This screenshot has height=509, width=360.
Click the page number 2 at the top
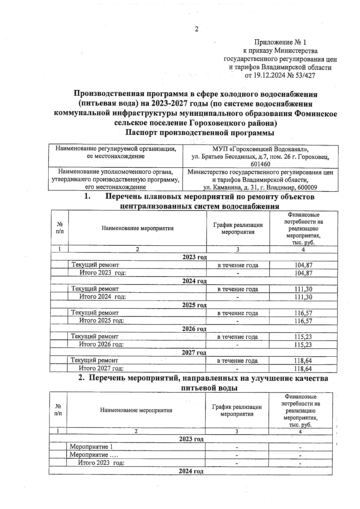point(197,29)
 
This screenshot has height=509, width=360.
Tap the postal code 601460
point(260,164)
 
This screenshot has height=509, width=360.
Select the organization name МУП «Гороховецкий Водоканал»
point(260,149)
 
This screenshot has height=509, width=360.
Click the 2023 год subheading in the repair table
point(194,257)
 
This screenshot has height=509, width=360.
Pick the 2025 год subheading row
point(194,305)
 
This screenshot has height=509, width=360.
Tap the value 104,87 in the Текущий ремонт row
point(303,265)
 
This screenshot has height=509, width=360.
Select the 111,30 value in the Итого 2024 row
point(303,297)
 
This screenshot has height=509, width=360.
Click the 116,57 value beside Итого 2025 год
point(303,321)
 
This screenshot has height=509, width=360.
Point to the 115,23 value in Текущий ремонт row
point(303,337)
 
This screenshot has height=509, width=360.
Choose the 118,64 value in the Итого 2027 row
point(303,369)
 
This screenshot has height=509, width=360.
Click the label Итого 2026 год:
point(101,344)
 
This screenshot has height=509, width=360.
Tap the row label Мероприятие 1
point(91,447)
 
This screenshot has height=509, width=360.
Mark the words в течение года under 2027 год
point(237,361)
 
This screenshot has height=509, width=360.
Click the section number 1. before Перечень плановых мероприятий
point(87,197)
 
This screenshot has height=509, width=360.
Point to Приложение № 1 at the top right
point(280,42)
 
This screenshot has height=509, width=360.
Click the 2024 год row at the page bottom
point(191,471)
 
